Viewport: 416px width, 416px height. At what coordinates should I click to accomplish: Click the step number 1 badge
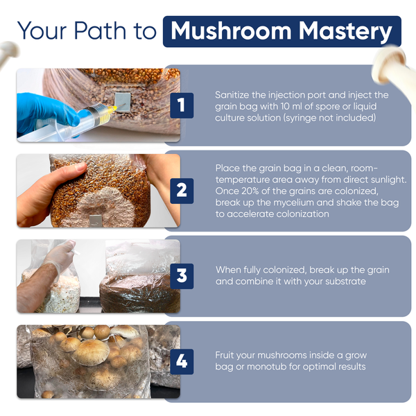pyautogui.click(x=182, y=105)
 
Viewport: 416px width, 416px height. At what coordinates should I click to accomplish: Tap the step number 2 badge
pyautogui.click(x=182, y=191)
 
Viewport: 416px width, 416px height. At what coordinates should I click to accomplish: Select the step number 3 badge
pyautogui.click(x=182, y=276)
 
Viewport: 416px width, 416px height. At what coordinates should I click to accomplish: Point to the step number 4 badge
pyautogui.click(x=182, y=362)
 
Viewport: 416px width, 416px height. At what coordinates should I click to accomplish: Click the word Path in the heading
pyautogui.click(x=100, y=31)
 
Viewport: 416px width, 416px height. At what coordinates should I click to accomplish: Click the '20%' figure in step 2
pyautogui.click(x=250, y=191)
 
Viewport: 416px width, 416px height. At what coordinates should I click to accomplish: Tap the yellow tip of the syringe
pyautogui.click(x=112, y=108)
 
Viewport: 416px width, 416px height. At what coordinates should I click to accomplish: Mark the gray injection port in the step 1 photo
pyautogui.click(x=123, y=102)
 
